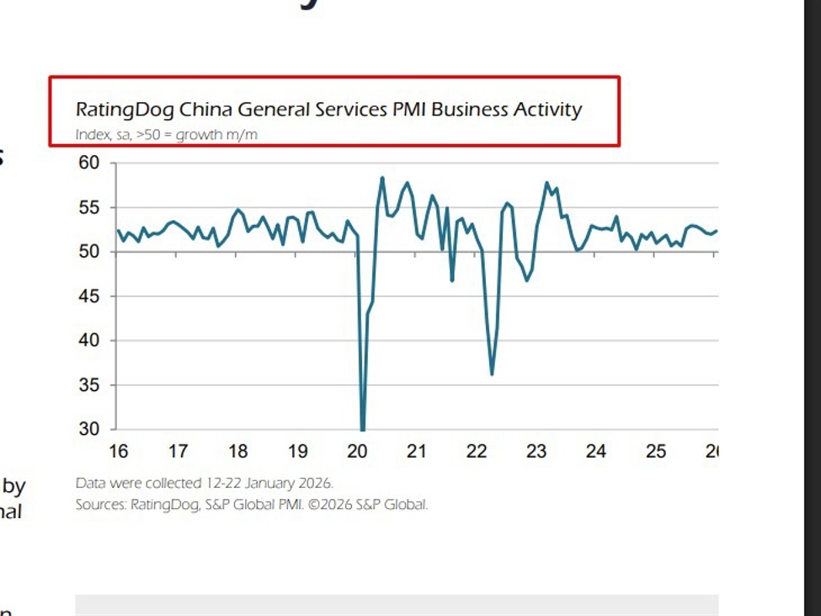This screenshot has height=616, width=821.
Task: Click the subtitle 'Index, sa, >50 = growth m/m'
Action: [x=166, y=135]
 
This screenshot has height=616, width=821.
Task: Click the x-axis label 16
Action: [x=119, y=452]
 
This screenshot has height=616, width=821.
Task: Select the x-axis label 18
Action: [x=238, y=452]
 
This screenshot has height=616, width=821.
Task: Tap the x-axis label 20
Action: [x=357, y=452]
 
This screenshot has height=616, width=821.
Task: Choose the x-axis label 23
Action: [x=536, y=452]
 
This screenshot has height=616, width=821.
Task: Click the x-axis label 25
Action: [x=656, y=452]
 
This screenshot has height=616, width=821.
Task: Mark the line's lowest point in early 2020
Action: [x=363, y=429]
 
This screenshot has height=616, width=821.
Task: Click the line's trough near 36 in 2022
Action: [x=492, y=374]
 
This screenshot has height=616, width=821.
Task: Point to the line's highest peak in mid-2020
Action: [x=382, y=178]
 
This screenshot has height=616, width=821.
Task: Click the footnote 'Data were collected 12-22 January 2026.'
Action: [x=205, y=484]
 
